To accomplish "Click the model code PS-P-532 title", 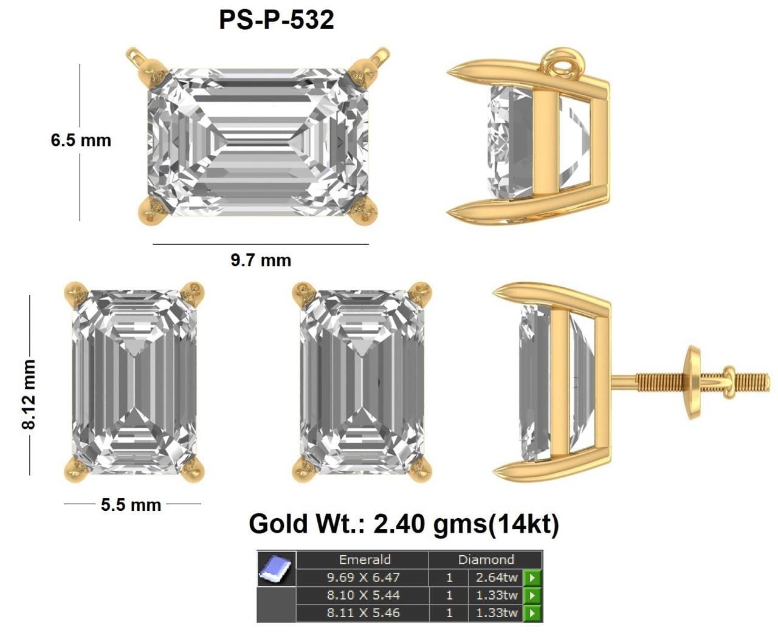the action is click(x=277, y=20).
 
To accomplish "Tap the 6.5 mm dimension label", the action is click(x=81, y=140).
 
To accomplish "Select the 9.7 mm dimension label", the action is click(x=261, y=261).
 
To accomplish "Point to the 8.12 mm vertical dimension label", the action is click(x=29, y=394).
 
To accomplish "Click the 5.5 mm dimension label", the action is click(x=131, y=505).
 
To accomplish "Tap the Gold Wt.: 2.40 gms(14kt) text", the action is click(x=404, y=524).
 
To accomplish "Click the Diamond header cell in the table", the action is click(x=486, y=559).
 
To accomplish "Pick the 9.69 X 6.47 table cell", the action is click(x=362, y=577).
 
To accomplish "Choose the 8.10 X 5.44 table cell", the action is click(x=362, y=595).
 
